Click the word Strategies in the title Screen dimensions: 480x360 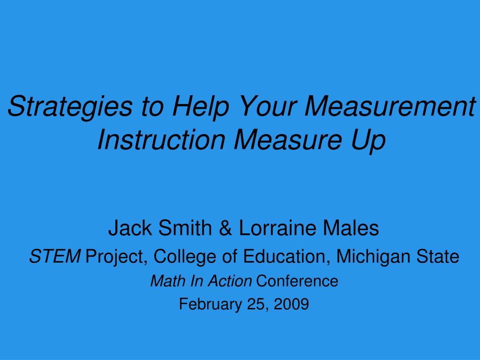[70, 107]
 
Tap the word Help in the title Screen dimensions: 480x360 [200, 107]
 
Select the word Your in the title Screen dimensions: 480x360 [266, 106]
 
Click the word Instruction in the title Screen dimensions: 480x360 [161, 139]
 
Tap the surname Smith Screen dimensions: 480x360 [185, 228]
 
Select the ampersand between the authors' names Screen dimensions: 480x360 [225, 228]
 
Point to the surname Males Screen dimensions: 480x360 [351, 228]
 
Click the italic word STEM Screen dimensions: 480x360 [55, 256]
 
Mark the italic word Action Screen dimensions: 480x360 [230, 281]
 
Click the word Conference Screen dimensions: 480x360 [297, 281]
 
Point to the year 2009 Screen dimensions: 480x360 [291, 304]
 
